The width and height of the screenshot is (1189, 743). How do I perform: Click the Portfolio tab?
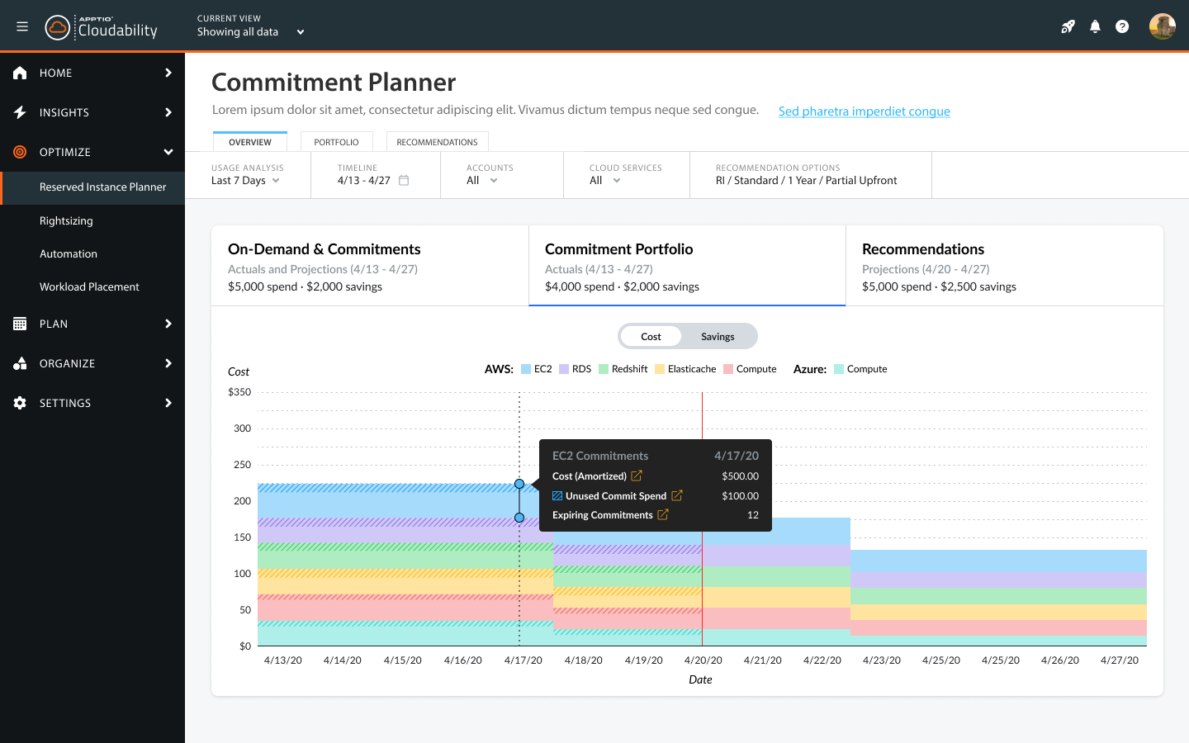pyautogui.click(x=336, y=142)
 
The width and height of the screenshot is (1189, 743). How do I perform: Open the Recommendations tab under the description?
pyautogui.click(x=437, y=142)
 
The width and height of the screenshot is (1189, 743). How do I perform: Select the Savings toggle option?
pyautogui.click(x=718, y=337)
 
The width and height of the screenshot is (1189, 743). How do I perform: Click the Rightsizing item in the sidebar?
pyautogui.click(x=66, y=221)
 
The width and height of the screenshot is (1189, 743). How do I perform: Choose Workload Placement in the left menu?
pyautogui.click(x=89, y=287)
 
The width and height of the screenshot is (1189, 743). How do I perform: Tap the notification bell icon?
pyautogui.click(x=1095, y=26)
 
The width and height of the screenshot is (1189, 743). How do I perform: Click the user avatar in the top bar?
pyautogui.click(x=1162, y=26)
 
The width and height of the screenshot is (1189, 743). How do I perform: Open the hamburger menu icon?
pyautogui.click(x=22, y=26)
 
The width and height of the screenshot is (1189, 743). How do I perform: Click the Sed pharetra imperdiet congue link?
pyautogui.click(x=864, y=111)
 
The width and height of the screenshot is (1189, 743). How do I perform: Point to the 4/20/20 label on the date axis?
pyautogui.click(x=703, y=660)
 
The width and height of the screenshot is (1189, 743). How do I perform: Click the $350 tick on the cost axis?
pyautogui.click(x=239, y=392)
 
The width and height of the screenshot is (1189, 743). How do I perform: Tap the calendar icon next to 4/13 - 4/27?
pyautogui.click(x=404, y=181)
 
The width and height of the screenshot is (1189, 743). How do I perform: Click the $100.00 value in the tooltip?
pyautogui.click(x=740, y=496)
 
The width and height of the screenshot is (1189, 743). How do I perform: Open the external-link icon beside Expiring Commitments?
pyautogui.click(x=662, y=515)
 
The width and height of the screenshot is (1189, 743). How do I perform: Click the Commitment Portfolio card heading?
pyautogui.click(x=618, y=249)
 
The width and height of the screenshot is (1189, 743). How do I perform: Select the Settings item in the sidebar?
pyautogui.click(x=65, y=403)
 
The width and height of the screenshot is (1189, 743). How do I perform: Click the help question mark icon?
pyautogui.click(x=1122, y=26)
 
